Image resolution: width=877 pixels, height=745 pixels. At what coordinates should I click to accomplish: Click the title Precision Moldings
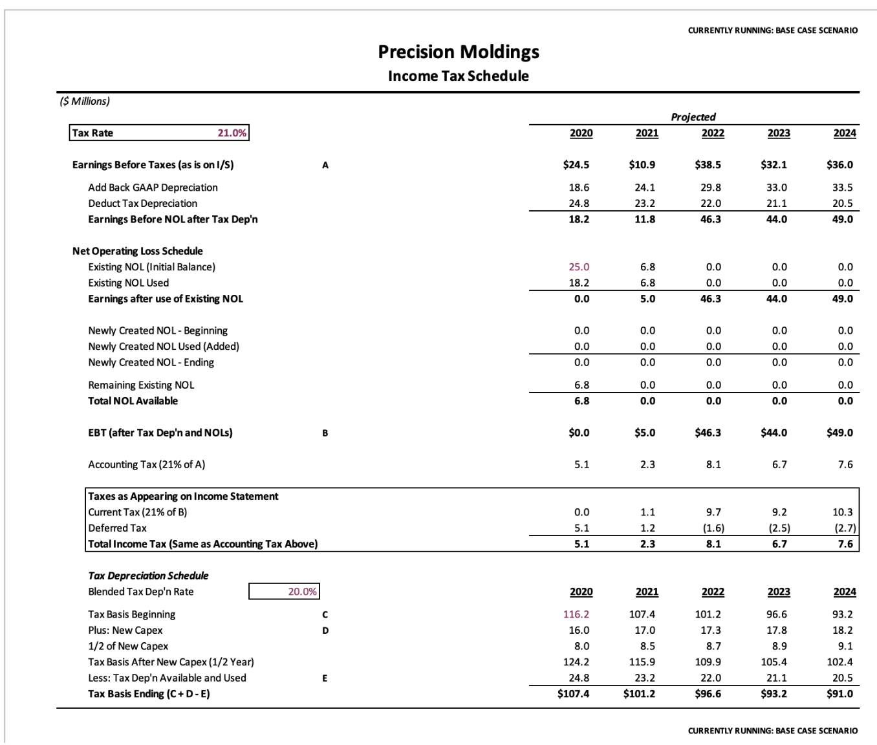[x=458, y=52]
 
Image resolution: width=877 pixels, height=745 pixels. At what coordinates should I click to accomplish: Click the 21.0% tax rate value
[x=232, y=133]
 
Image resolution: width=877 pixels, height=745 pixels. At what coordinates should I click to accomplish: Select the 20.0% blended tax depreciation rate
[x=302, y=592]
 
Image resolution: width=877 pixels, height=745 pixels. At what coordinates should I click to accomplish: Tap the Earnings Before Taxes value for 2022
[x=708, y=165]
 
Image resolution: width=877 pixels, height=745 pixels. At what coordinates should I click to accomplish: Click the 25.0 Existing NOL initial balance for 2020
[x=579, y=267]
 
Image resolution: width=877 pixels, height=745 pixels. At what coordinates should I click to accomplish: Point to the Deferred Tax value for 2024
[x=845, y=528]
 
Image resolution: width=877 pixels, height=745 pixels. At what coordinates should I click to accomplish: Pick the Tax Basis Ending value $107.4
[x=573, y=694]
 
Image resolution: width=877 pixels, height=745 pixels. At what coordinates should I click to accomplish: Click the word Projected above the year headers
[x=693, y=117]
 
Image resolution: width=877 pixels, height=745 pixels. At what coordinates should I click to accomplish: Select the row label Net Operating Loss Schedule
[x=138, y=251]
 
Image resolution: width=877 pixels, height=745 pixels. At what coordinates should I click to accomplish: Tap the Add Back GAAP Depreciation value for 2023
[x=776, y=188]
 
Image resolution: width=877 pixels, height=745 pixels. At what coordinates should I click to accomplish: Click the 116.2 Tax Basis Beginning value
[x=576, y=614]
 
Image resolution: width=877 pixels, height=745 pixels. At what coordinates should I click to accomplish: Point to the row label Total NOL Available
[x=133, y=401]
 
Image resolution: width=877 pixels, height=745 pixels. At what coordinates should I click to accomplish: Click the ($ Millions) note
[x=85, y=101]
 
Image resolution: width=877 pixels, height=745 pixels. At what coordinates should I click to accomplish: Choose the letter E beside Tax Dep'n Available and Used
[x=325, y=678]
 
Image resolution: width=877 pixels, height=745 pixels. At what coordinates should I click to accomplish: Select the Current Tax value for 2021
[x=647, y=512]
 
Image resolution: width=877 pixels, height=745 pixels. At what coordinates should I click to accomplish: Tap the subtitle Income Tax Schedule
[x=458, y=76]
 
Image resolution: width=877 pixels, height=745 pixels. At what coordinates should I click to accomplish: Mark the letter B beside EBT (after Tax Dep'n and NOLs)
[x=325, y=433]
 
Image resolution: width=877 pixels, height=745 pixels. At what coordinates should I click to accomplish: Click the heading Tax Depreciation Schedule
[x=148, y=576]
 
